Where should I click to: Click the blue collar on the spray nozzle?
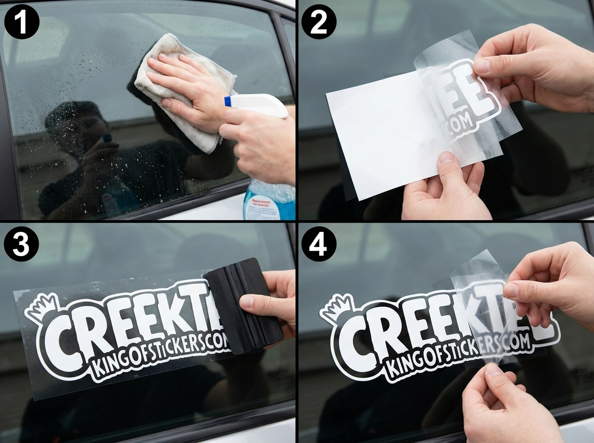coord(228,101)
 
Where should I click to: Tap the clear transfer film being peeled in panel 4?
coord(478,297)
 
